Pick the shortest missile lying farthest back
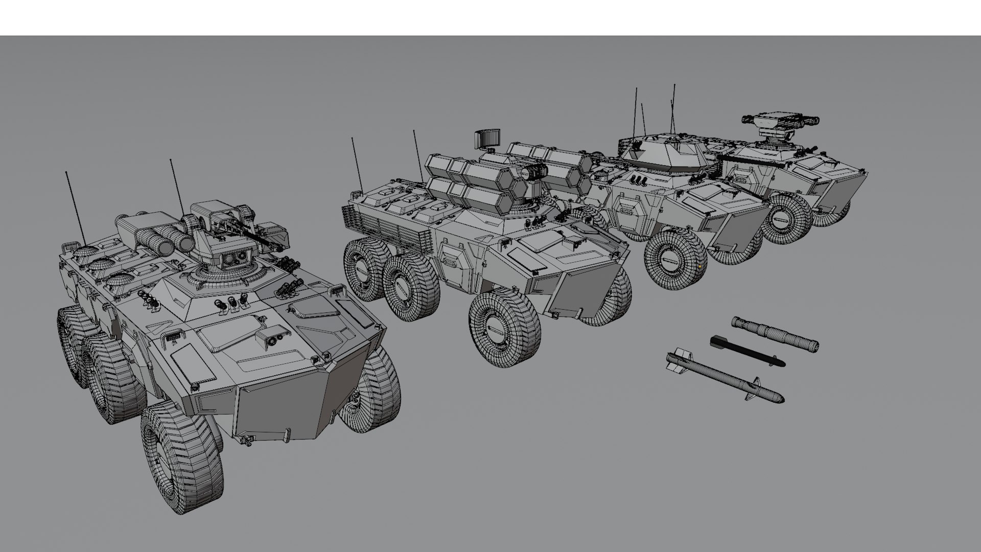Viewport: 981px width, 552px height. tap(775, 334)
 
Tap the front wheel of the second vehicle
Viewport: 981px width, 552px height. tap(504, 327)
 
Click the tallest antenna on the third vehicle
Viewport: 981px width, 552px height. tap(673, 107)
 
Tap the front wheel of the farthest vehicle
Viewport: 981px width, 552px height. tap(787, 217)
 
